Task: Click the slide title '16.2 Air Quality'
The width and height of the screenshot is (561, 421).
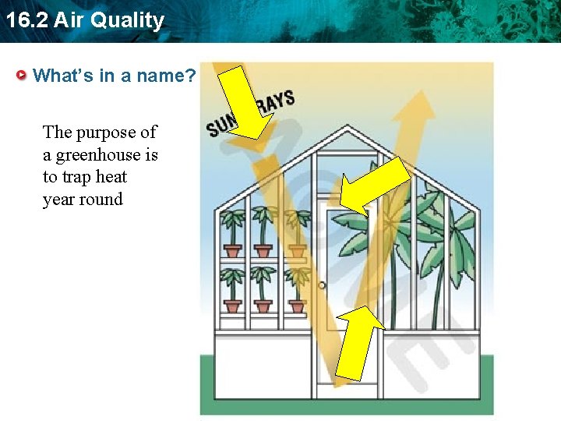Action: [83, 20]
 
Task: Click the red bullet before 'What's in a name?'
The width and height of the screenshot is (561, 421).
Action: [23, 76]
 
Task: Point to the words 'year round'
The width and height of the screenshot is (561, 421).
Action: [83, 200]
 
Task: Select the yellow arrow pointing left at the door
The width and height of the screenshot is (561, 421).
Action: [374, 186]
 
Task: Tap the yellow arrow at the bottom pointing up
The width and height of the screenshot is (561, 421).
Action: [359, 343]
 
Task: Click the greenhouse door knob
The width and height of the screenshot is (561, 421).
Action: [322, 285]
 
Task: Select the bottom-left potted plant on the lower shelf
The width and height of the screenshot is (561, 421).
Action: [233, 288]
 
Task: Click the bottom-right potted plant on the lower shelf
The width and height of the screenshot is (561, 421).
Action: [296, 288]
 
